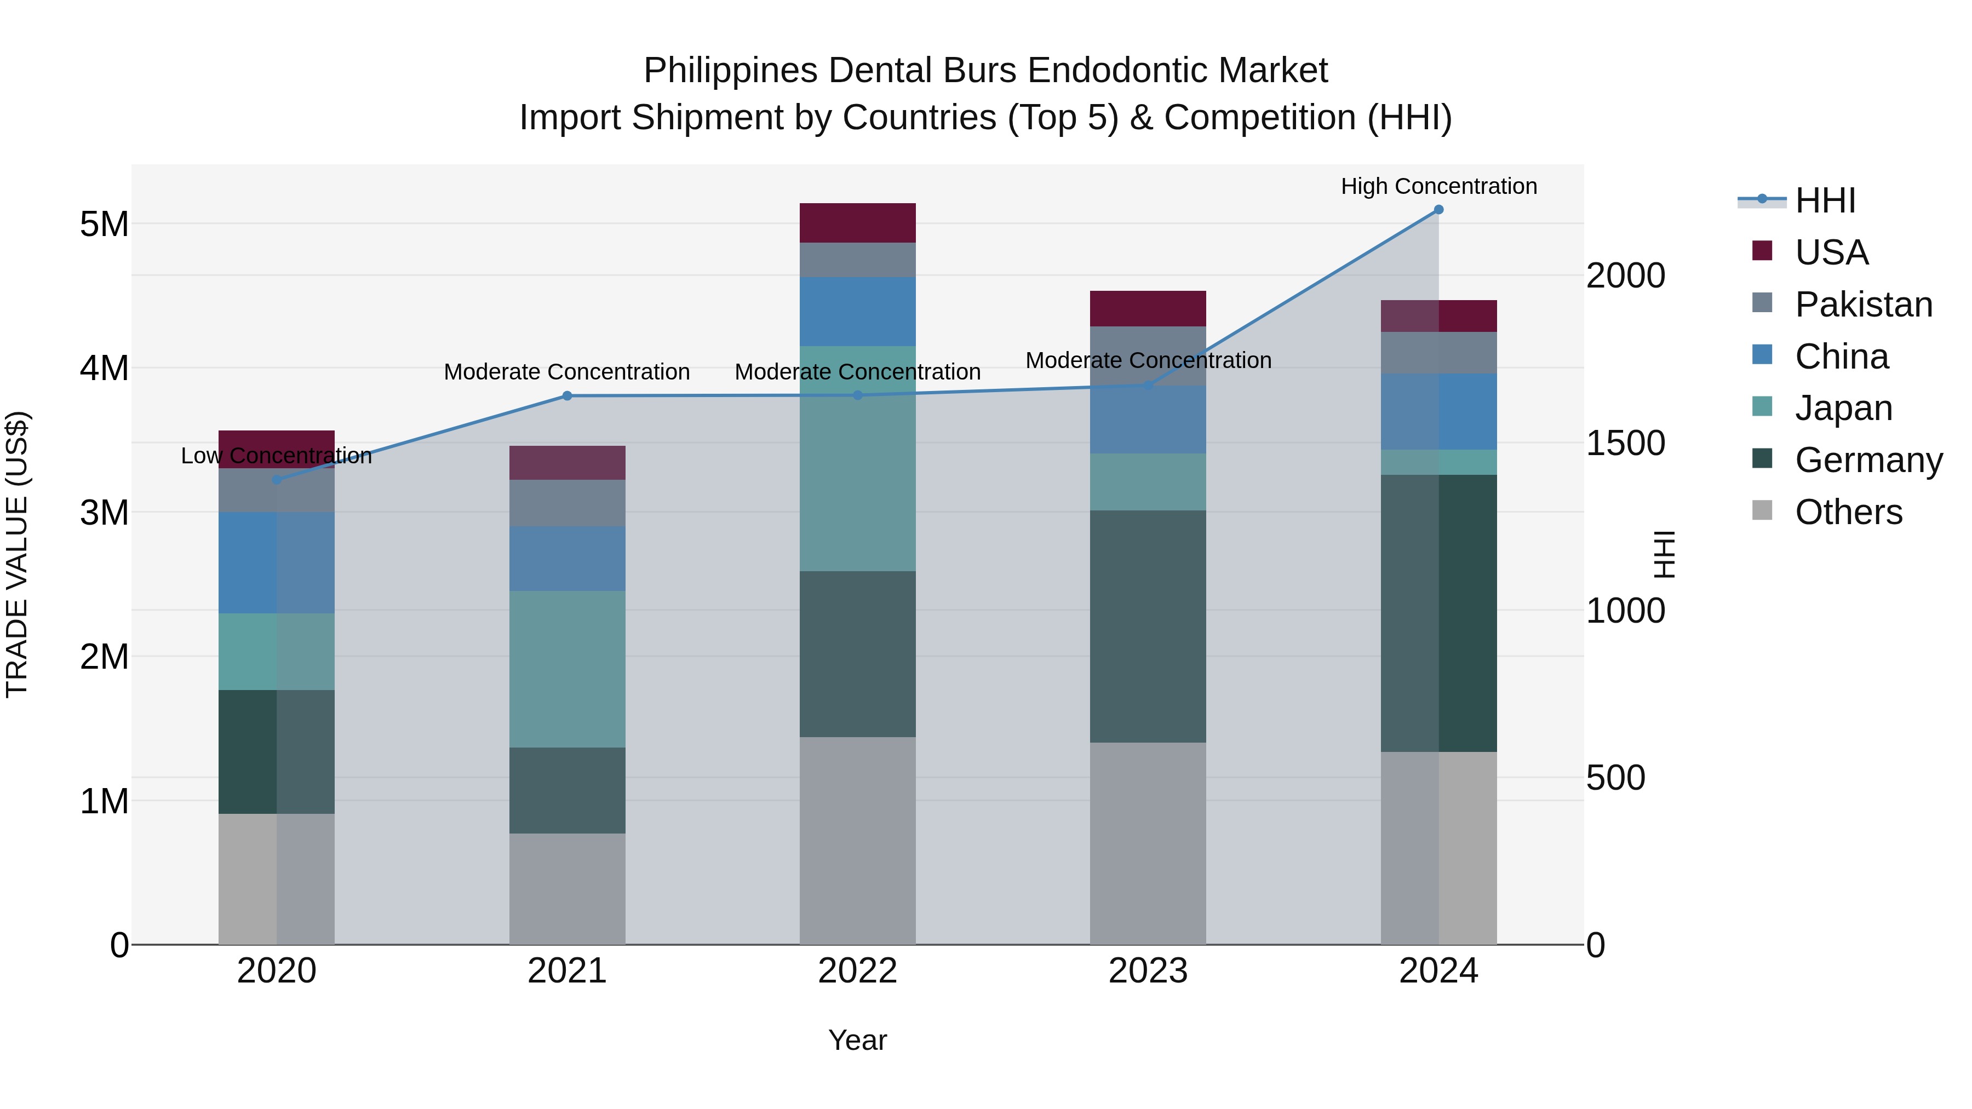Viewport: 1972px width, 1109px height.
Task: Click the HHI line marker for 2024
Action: coord(1438,210)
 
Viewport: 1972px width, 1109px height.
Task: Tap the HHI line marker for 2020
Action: coord(277,480)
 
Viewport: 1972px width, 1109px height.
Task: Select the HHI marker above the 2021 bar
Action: coord(567,396)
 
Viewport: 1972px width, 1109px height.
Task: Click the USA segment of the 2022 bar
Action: coord(857,223)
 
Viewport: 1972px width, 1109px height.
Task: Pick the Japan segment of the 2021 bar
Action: coord(567,669)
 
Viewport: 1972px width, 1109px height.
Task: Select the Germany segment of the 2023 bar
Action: coord(1148,626)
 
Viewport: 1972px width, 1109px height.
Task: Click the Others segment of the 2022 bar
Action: coord(857,840)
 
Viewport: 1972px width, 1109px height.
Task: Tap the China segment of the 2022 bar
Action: coord(857,312)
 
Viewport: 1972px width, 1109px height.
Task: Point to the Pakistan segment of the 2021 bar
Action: coord(567,503)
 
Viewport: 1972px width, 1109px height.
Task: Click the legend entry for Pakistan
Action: coord(1864,304)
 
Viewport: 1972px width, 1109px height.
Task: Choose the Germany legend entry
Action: coord(1868,460)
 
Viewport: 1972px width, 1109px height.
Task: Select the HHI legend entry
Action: coord(1825,200)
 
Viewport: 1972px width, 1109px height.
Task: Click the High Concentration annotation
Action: coord(1438,186)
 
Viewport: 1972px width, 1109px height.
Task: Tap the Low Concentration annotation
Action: coord(277,456)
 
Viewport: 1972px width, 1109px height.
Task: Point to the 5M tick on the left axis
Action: coord(104,224)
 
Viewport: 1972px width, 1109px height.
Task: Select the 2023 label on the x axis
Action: coord(1148,970)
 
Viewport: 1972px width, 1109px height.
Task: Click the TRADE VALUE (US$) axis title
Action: coord(17,554)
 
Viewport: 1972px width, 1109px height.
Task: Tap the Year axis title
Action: coord(857,1040)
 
